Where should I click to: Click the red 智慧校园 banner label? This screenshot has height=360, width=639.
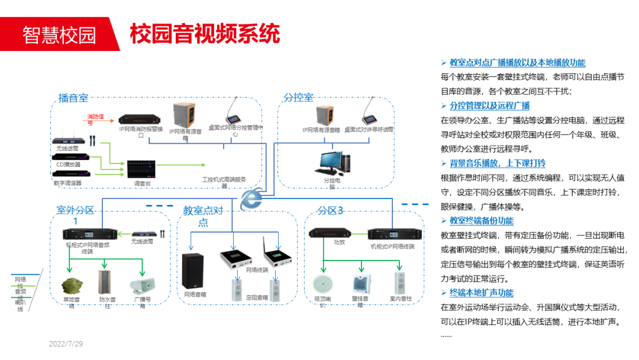[x=59, y=35]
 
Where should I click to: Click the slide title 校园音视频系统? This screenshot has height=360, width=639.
[x=204, y=34]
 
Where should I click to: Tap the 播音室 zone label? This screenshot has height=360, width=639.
[x=73, y=98]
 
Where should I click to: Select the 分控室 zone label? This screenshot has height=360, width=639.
[x=298, y=98]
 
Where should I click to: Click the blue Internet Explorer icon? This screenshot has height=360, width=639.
[x=253, y=198]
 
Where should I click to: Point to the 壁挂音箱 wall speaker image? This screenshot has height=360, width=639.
[x=360, y=284]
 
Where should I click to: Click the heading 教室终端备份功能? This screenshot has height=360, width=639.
[x=481, y=221]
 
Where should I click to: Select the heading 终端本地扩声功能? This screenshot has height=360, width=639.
[x=481, y=293]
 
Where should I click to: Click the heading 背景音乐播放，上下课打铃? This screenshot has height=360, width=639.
[x=497, y=163]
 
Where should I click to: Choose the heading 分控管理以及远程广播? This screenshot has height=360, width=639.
[x=489, y=106]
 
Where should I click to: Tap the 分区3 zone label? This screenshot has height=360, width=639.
[x=330, y=211]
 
